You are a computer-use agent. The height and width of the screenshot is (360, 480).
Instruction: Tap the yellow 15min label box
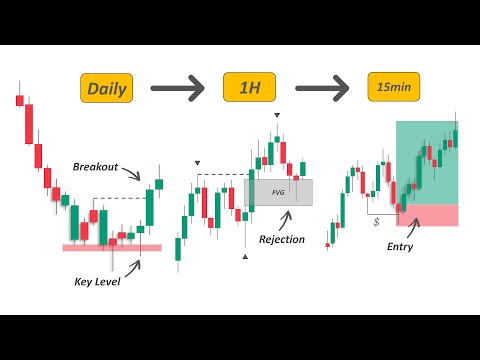pos(394,88)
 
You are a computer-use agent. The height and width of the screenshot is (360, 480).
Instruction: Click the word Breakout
pos(96,165)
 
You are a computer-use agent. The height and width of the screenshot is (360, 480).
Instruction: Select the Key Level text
pos(96,281)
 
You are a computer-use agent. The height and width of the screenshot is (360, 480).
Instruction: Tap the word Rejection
pos(281,239)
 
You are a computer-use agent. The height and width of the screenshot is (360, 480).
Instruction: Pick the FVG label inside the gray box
pos(279,192)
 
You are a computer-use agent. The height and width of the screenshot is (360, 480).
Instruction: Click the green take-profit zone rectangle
pos(427,162)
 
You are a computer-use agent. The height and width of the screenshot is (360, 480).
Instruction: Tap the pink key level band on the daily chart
pos(111,247)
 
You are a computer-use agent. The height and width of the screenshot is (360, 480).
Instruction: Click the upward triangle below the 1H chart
pos(245,257)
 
